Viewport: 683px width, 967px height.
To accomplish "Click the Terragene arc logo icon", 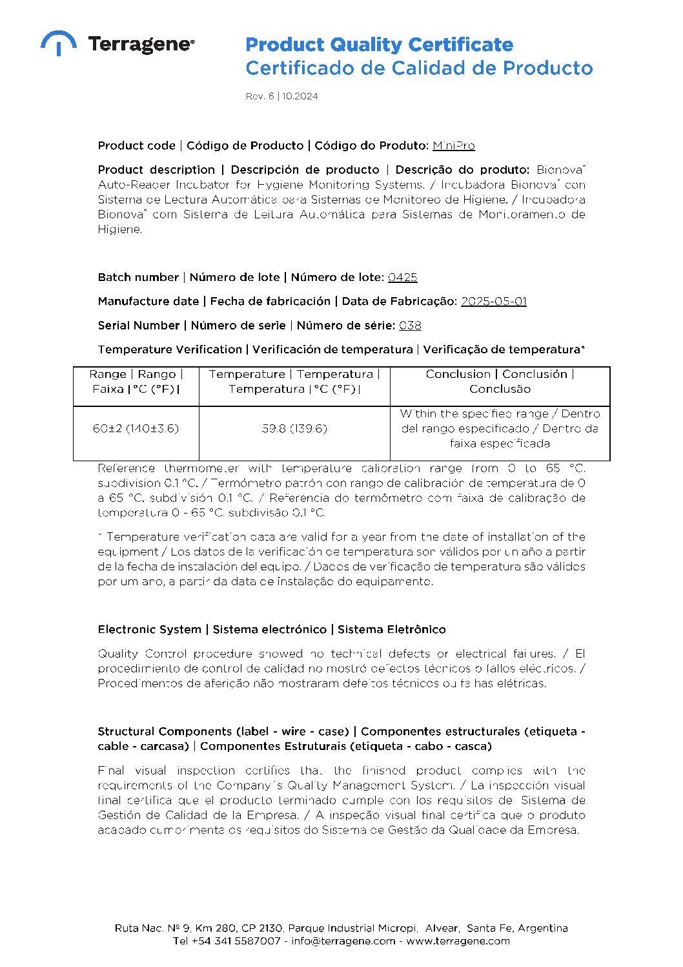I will tap(58, 43).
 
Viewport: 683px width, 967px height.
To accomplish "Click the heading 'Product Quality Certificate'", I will tap(379, 45).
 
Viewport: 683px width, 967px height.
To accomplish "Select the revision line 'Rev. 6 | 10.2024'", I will tap(281, 96).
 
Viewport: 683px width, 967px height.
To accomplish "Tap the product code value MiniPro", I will tap(453, 146).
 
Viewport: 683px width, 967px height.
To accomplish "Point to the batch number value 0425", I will tap(402, 278).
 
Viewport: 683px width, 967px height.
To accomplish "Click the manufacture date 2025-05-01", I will tap(493, 302).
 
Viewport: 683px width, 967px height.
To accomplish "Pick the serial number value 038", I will tap(410, 326).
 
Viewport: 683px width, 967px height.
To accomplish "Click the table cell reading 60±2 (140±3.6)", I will tap(136, 428).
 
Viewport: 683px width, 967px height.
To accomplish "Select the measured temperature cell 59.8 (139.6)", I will tap(294, 428).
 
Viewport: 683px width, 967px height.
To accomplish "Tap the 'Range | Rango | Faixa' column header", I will tap(136, 382).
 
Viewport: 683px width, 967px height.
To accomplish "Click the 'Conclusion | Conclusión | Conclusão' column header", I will tap(500, 382).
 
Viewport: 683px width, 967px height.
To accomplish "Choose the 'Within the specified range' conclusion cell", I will tap(500, 428).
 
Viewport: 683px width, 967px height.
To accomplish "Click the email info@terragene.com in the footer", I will tap(343, 941).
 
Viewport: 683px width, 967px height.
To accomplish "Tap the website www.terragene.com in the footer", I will tap(458, 941).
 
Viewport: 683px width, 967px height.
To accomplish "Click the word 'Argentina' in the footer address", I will tap(543, 928).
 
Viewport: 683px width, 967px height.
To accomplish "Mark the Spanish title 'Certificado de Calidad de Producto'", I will tap(418, 68).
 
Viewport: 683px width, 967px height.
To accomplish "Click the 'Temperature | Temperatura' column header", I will tap(294, 382).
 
